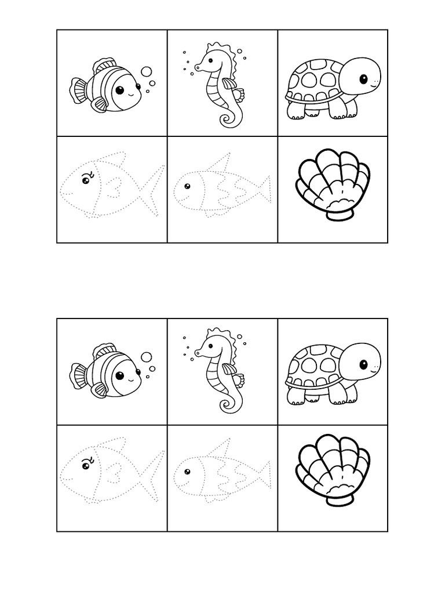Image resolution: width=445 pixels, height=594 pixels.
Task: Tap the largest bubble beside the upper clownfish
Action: pos(147,72)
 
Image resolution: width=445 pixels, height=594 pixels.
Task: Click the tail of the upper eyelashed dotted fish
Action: pos(152,189)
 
